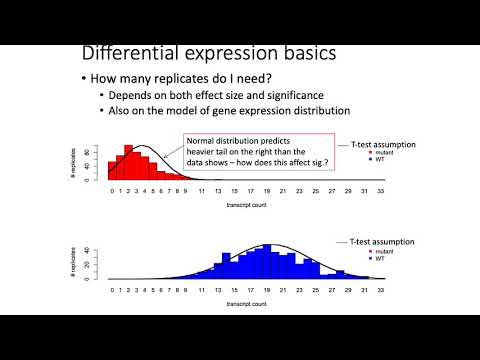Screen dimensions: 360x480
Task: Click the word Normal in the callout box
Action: click(208, 142)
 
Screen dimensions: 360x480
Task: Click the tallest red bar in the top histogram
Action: click(129, 162)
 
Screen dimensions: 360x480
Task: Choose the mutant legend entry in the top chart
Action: click(381, 152)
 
